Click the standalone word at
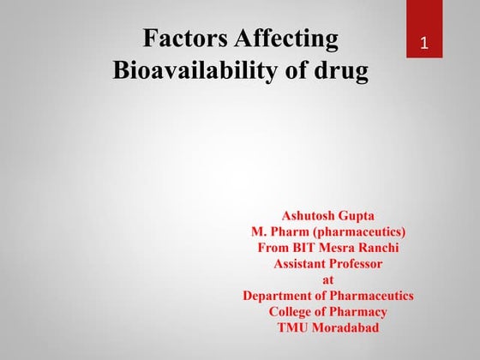pos(328,279)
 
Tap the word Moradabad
pos(347,328)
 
